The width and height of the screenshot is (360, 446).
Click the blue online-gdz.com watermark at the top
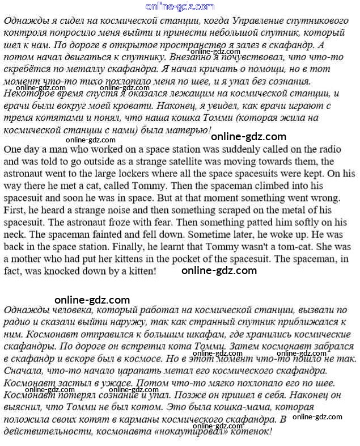[180, 7]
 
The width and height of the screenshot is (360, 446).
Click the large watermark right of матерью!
[248, 136]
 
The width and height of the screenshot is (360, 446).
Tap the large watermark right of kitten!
[219, 271]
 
